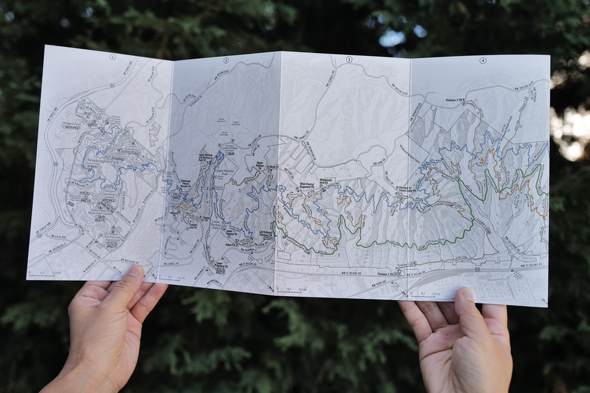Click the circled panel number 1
[x=113, y=57]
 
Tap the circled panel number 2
[x=226, y=60]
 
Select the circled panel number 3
[x=349, y=60]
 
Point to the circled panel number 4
[x=482, y=60]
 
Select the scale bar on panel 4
[x=430, y=295]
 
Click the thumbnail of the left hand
[x=134, y=273]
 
